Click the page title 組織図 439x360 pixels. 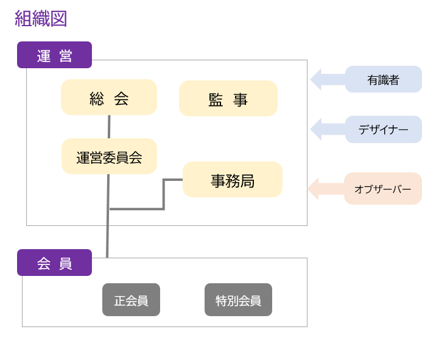point(41,19)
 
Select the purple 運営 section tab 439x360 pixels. point(54,55)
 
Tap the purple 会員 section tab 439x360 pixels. point(54,263)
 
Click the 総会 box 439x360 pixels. point(109,97)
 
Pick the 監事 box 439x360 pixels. point(228,99)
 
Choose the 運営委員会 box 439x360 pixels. point(109,157)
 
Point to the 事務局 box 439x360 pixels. point(233,180)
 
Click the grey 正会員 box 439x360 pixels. point(131,300)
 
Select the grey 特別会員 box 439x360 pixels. point(238,300)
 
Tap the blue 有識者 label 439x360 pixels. point(383,79)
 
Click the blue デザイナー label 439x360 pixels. point(383,129)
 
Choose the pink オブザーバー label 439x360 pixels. point(382,189)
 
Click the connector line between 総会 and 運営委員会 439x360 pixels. point(109,127)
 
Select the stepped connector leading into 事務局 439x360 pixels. point(163,195)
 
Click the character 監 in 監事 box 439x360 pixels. point(216,99)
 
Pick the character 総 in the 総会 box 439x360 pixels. point(97,98)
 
